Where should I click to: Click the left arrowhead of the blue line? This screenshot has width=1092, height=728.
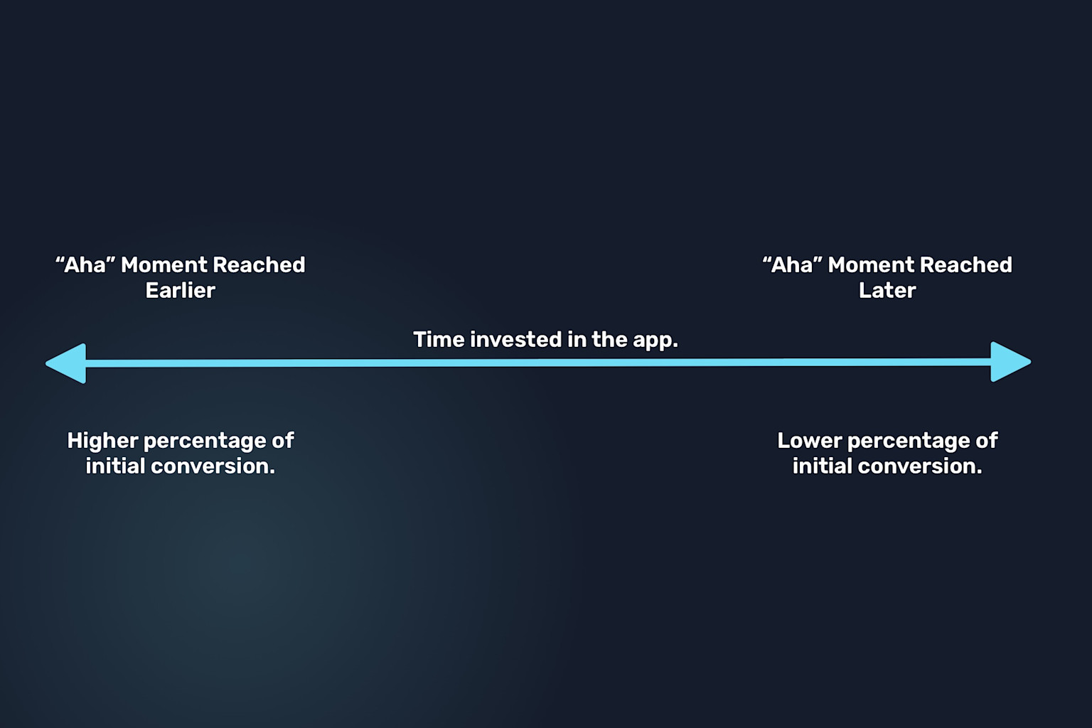click(x=68, y=363)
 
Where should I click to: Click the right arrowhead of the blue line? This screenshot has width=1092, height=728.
click(x=1010, y=362)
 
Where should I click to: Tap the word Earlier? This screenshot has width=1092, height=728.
click(x=180, y=291)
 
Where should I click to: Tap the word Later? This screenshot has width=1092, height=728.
click(x=887, y=291)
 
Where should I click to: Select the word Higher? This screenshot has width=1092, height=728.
click(x=102, y=441)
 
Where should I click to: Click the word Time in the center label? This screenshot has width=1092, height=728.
click(x=438, y=340)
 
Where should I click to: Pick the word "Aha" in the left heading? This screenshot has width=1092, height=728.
click(x=85, y=265)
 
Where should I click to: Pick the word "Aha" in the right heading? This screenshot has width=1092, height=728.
click(x=792, y=265)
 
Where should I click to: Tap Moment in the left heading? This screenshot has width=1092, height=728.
click(x=164, y=265)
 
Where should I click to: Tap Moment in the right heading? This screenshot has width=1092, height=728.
click(x=871, y=265)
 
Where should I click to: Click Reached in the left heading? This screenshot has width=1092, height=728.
click(x=259, y=265)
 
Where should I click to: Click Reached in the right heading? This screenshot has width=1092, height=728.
click(x=965, y=265)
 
